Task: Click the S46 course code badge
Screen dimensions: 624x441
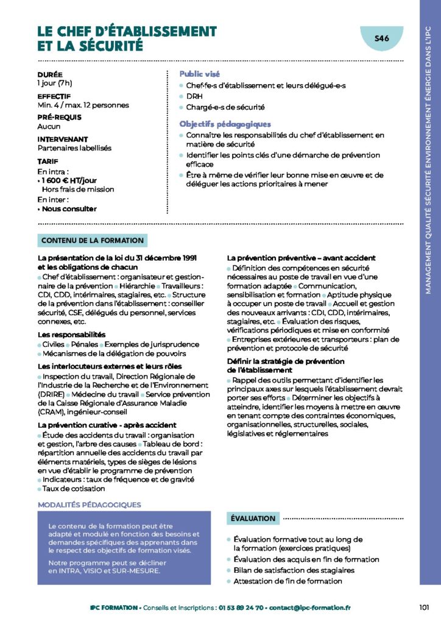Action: pyautogui.click(x=382, y=38)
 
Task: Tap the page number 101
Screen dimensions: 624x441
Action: pyautogui.click(x=425, y=607)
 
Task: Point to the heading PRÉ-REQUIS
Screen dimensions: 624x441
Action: pyautogui.click(x=59, y=118)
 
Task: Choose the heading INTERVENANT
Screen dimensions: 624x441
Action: pyautogui.click(x=63, y=139)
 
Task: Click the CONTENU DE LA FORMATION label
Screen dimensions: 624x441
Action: pyautogui.click(x=93, y=241)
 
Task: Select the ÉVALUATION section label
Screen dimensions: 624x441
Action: pyautogui.click(x=253, y=519)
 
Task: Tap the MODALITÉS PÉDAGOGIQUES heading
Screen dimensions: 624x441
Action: pyautogui.click(x=89, y=505)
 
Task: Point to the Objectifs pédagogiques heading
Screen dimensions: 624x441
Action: pyautogui.click(x=225, y=124)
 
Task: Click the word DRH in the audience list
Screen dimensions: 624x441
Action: pyautogui.click(x=194, y=96)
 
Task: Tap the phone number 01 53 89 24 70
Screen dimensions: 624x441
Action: pyautogui.click(x=242, y=608)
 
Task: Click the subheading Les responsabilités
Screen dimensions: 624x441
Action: pyautogui.click(x=71, y=335)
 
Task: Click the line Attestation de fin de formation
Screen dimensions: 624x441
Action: pyautogui.click(x=288, y=581)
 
